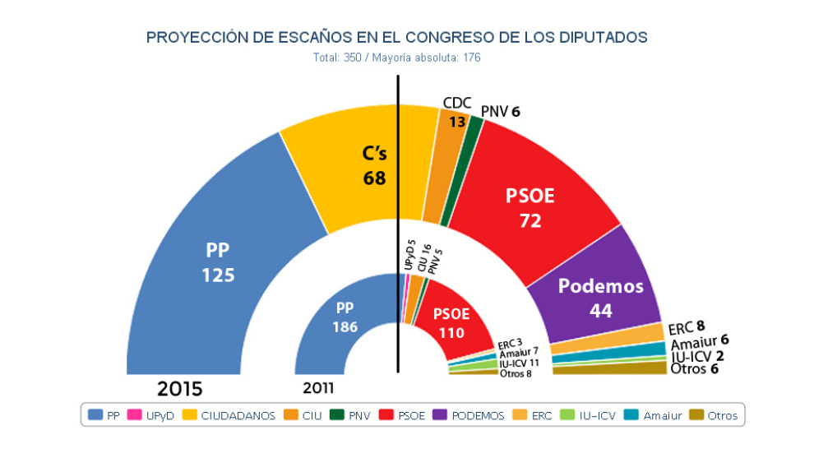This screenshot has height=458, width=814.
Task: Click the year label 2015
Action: point(180,388)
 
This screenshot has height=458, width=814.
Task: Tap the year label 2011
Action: point(318,389)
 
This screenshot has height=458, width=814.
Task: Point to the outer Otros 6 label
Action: point(694,369)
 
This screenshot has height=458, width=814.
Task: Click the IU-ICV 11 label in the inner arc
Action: point(519,363)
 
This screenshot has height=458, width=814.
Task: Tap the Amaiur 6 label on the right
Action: point(699,341)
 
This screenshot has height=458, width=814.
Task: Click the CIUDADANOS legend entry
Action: point(229,416)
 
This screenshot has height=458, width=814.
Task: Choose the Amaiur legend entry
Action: point(654,416)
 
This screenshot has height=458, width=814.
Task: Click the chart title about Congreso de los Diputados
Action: point(397,38)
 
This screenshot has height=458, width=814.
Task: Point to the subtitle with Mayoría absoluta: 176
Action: point(397,58)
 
